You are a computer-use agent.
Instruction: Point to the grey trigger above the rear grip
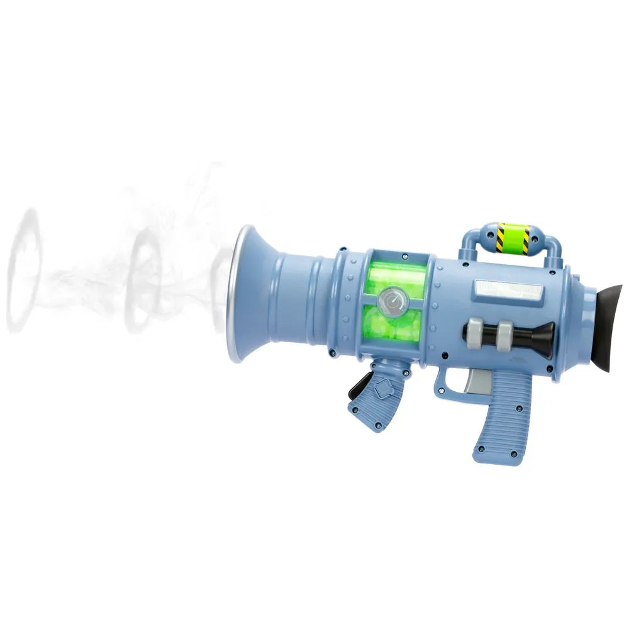pos(476,379)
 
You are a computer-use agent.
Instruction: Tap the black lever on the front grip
pos(360,385)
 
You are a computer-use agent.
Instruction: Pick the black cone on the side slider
pos(540,333)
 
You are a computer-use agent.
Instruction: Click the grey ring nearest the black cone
pos(505,333)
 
